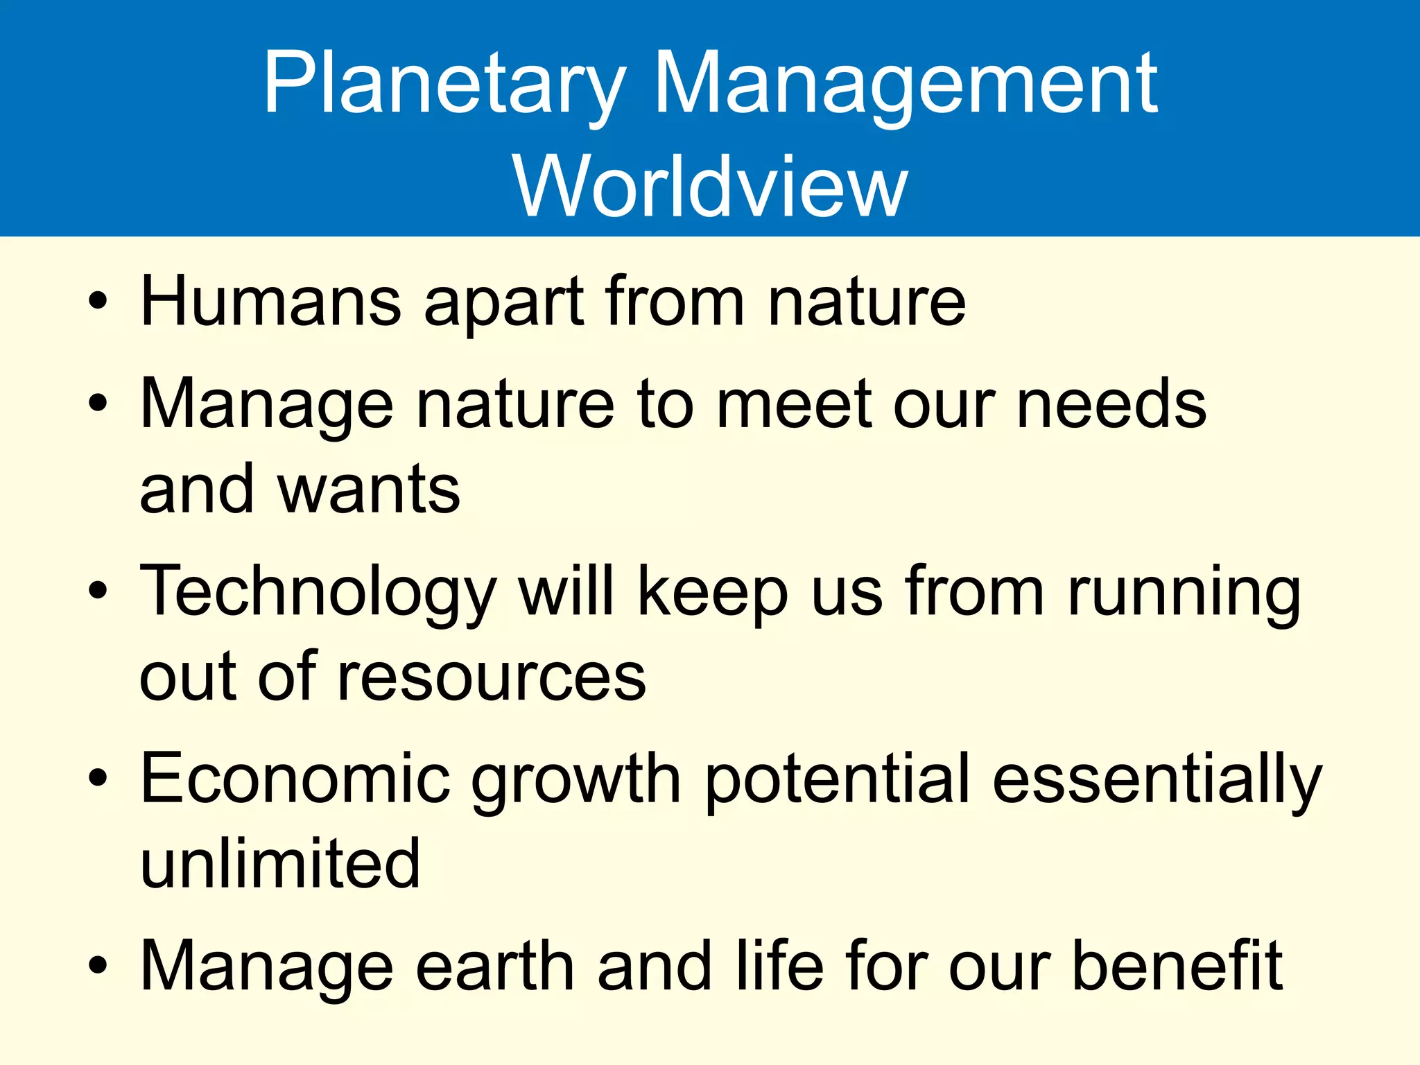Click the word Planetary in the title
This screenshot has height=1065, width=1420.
444,85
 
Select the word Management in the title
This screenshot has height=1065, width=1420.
905,85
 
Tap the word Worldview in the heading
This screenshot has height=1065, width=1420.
710,186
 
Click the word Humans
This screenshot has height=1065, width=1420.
270,302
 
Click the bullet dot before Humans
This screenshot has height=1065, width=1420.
98,302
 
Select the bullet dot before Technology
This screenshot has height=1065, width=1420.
98,591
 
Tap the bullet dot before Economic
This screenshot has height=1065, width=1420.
98,779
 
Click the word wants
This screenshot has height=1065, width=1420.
369,490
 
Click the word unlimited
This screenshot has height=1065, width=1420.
280,863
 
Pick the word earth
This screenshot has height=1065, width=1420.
495,966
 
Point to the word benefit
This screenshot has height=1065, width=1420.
1177,966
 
